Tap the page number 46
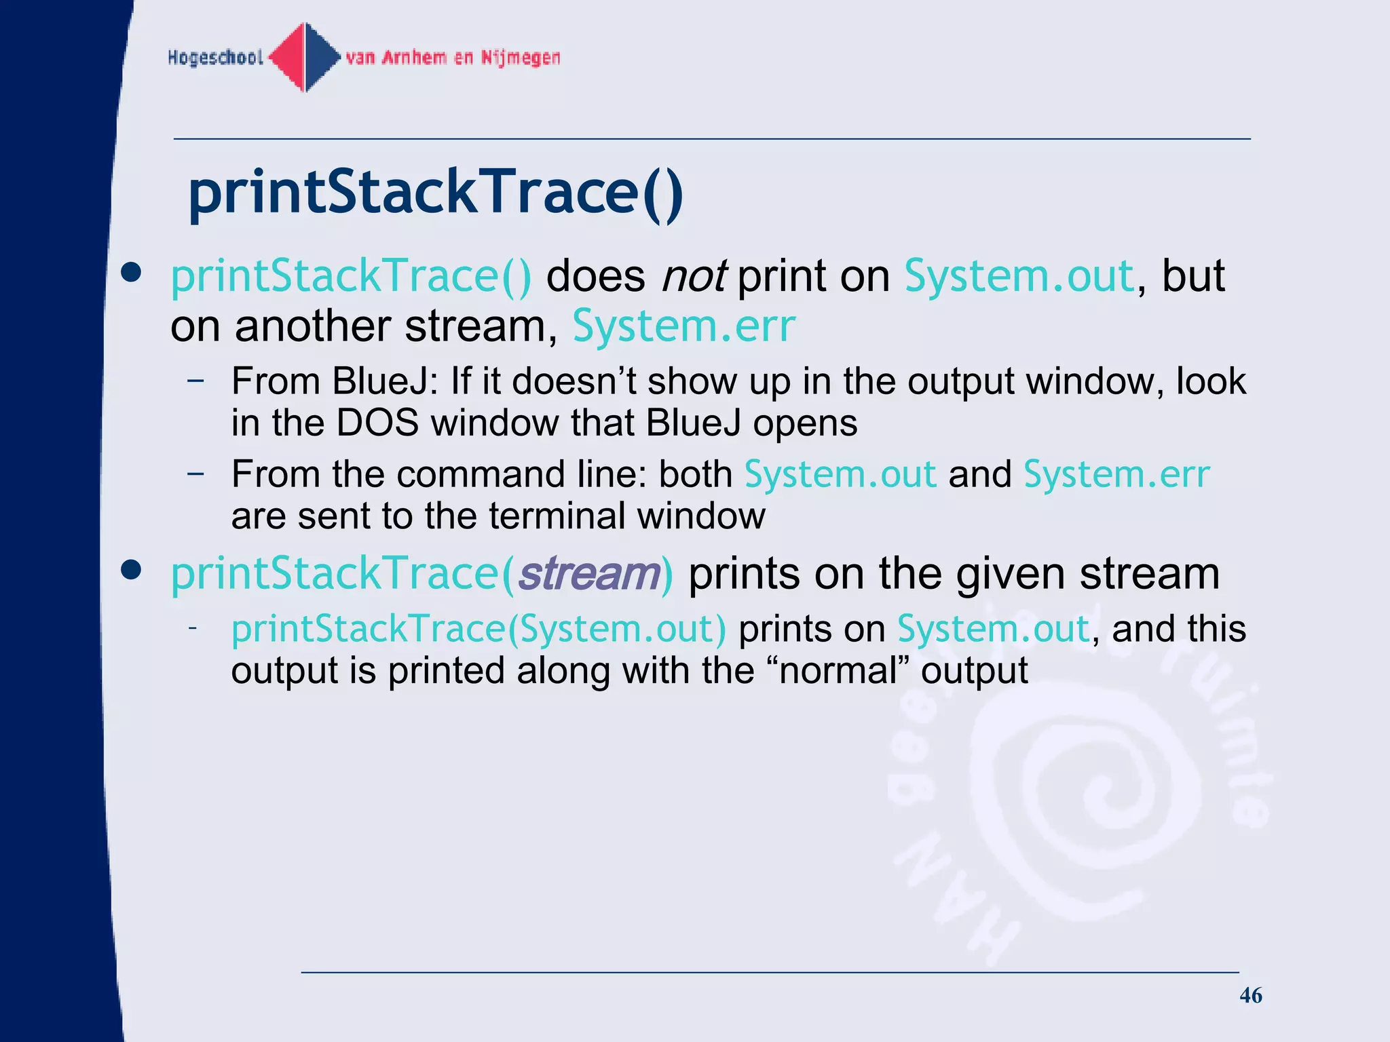pyautogui.click(x=1250, y=995)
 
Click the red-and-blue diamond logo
pyautogui.click(x=305, y=58)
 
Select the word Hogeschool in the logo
pyautogui.click(x=215, y=58)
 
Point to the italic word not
pyautogui.click(x=694, y=276)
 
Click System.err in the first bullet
pyautogui.click(x=683, y=326)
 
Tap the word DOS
pyautogui.click(x=377, y=423)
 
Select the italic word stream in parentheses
pyautogui.click(x=588, y=574)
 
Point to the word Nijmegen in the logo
pyautogui.click(x=521, y=58)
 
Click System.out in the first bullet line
pyautogui.click(x=1019, y=276)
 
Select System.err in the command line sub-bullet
pyautogui.click(x=1116, y=474)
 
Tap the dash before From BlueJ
pyautogui.click(x=195, y=381)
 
